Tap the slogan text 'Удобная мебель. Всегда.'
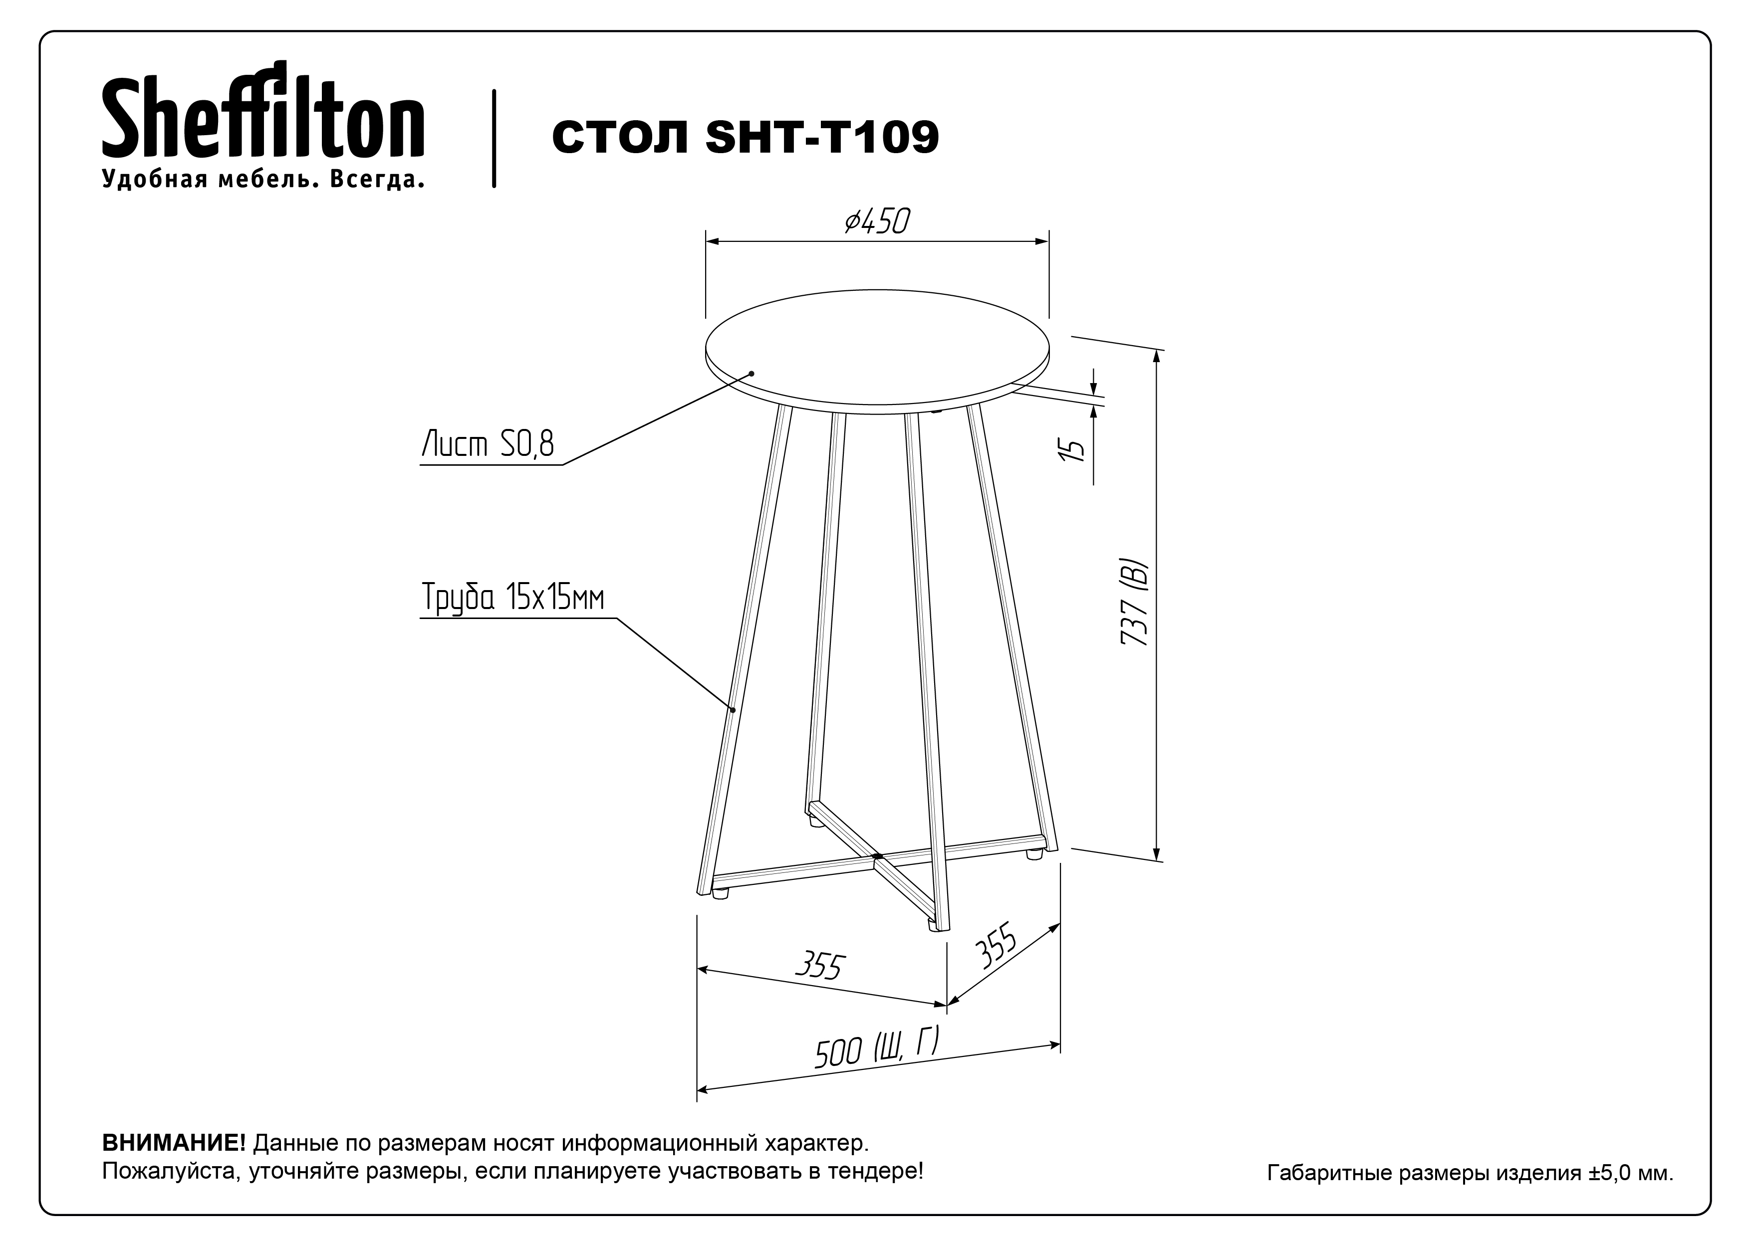[263, 180]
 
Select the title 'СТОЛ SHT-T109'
[745, 138]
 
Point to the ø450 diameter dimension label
[877, 222]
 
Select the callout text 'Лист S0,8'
[488, 444]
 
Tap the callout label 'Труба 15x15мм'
[512, 597]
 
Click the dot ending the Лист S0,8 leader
[752, 373]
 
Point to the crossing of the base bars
[877, 856]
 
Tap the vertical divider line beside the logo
[494, 139]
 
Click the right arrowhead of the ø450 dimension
[1041, 242]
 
